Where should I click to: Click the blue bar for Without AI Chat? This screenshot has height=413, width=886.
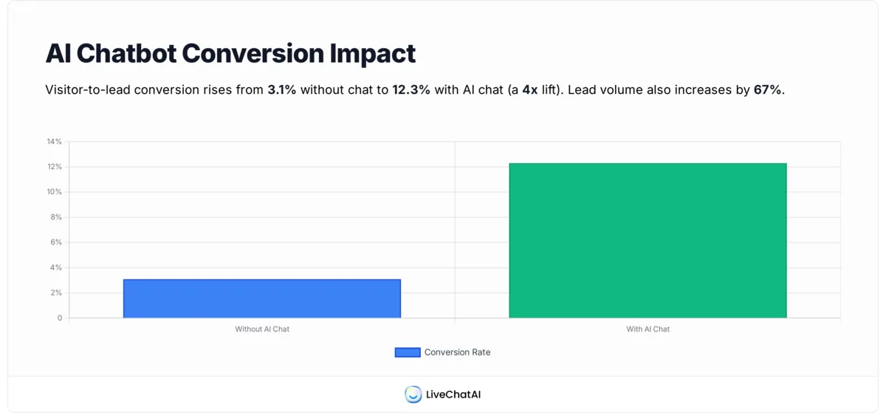(x=261, y=298)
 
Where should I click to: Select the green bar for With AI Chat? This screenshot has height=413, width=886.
(x=648, y=241)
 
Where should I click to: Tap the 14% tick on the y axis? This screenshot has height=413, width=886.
(x=55, y=141)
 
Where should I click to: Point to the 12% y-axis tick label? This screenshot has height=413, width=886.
(x=55, y=167)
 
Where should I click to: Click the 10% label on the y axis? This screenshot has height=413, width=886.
(x=55, y=192)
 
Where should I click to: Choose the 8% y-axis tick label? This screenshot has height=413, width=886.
(x=56, y=217)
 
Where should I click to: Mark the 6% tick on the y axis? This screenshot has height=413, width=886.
(x=56, y=242)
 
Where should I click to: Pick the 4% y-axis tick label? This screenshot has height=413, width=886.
(x=56, y=267)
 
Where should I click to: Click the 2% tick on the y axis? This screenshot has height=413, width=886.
(x=56, y=293)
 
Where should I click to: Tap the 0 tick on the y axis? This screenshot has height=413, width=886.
(x=60, y=318)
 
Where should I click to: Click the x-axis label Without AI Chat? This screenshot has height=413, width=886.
(x=262, y=330)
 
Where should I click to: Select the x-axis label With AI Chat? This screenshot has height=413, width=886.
(x=648, y=330)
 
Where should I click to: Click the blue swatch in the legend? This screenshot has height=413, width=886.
(x=408, y=352)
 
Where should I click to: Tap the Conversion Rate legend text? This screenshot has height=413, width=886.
(x=457, y=352)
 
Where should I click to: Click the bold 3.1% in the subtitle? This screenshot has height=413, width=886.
(x=281, y=90)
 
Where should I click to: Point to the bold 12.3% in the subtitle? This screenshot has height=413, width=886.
(x=411, y=90)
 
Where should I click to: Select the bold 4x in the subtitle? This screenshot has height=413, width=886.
(x=529, y=90)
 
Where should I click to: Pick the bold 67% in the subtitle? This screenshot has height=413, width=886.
(x=767, y=90)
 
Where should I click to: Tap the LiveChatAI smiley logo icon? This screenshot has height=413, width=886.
(x=413, y=395)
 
